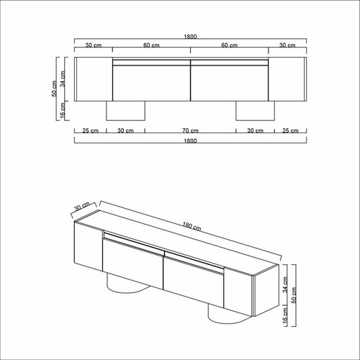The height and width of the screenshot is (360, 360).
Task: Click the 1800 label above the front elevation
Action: coord(190,37)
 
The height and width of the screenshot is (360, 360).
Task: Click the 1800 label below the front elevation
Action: coord(190,140)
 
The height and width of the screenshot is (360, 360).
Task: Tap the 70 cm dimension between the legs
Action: coord(190,130)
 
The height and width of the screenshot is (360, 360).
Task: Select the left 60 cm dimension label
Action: coord(151,45)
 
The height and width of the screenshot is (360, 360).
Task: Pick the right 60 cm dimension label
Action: coord(229,45)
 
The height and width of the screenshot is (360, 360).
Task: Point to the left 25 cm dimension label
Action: coord(90,130)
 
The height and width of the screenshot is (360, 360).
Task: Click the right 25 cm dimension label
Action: coord(290,130)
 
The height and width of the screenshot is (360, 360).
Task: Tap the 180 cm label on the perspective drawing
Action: coord(192,226)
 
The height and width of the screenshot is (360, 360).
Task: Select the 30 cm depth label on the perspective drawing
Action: coord(82,206)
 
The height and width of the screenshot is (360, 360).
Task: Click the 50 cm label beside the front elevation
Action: coord(55,89)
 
